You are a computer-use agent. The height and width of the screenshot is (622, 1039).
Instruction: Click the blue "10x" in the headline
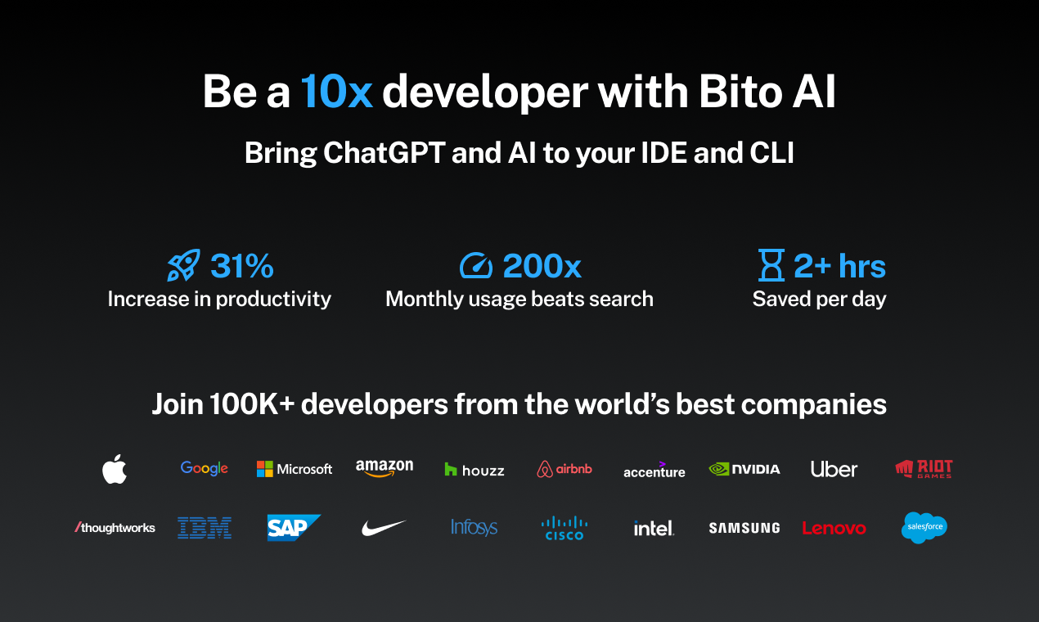336,92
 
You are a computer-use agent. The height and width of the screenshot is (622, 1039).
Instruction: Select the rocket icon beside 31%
183,266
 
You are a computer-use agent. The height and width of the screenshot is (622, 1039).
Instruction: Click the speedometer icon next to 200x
476,266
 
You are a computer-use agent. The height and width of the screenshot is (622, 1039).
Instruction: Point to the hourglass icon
771,266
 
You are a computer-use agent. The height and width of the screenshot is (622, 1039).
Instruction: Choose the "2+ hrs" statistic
839,266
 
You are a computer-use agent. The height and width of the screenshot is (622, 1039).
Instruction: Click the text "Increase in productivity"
219,299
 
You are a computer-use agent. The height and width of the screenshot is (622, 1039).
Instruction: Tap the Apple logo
115,469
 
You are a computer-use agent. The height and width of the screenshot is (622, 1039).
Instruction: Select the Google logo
205,468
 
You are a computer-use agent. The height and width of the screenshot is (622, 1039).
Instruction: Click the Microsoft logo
295,469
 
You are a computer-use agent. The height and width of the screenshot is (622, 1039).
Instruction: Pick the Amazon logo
385,467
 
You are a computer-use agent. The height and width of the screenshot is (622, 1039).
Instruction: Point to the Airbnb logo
564,469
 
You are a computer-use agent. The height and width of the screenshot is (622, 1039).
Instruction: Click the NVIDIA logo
744,469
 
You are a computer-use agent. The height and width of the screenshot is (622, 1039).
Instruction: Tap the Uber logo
834,469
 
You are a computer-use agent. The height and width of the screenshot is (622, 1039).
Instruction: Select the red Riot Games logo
924,469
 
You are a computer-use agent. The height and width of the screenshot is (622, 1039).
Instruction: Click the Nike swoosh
384,528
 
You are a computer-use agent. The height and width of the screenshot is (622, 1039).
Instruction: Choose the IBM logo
205,528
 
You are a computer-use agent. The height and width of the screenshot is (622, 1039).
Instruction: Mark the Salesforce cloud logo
924,528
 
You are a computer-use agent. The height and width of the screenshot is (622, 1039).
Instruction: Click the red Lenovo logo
834,529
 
